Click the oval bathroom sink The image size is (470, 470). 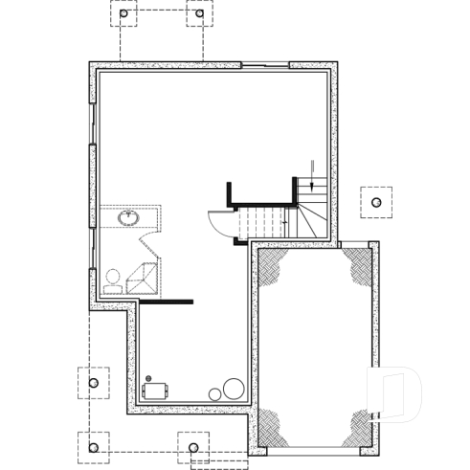(x=128, y=218)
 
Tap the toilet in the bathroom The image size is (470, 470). (x=112, y=278)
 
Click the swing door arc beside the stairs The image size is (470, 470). (x=218, y=224)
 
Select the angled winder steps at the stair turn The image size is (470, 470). (x=308, y=215)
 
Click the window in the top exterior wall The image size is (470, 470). (x=264, y=65)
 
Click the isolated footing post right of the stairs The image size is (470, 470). (x=376, y=203)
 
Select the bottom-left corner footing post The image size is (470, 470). (x=93, y=446)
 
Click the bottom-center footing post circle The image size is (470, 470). (x=193, y=447)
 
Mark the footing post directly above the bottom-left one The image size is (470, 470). (x=93, y=383)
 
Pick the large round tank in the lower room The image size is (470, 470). (x=233, y=389)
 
